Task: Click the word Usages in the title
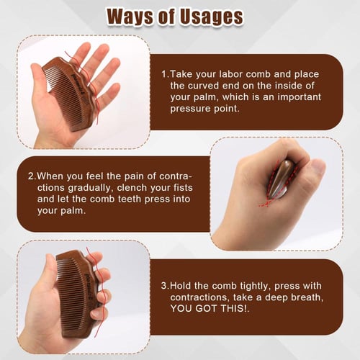click(212, 17)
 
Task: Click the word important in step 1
click(299, 97)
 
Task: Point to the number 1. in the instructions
click(165, 74)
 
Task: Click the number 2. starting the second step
click(32, 176)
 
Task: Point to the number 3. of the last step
click(165, 286)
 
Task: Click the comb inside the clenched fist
click(282, 179)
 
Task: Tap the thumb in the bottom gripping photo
click(49, 276)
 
